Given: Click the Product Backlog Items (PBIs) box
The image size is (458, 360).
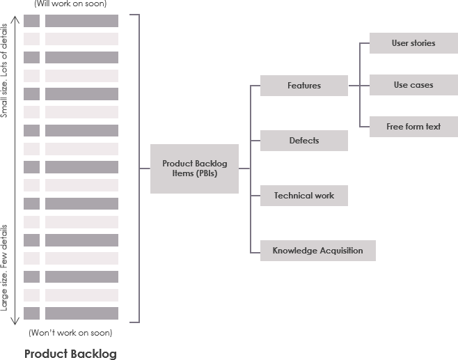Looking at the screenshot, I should coord(194,169).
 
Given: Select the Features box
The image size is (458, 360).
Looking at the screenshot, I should coord(303,86).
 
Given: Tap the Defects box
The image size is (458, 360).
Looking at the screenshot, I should coord(303,141).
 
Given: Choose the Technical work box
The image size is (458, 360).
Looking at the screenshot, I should coord(303,196).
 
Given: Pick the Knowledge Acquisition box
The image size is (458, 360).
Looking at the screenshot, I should coord(317,251).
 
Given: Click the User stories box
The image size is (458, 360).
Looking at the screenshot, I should coord(413,43).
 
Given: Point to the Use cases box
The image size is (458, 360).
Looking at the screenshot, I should coord(413,85).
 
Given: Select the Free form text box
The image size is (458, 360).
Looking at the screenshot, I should coord(413,127).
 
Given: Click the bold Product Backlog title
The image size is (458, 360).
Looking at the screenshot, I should coord(70,353).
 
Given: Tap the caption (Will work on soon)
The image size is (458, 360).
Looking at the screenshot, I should coord(70,3).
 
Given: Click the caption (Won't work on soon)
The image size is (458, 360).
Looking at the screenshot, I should coord(70,332).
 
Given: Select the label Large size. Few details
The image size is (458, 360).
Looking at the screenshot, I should coord(6,267).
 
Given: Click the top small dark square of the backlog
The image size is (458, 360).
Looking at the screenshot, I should coord(31,21).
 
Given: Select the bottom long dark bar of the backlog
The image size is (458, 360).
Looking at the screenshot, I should coord(81,313).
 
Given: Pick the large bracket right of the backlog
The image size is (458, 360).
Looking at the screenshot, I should coord(139,169).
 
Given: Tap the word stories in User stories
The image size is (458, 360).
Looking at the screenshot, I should coord(423,43).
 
